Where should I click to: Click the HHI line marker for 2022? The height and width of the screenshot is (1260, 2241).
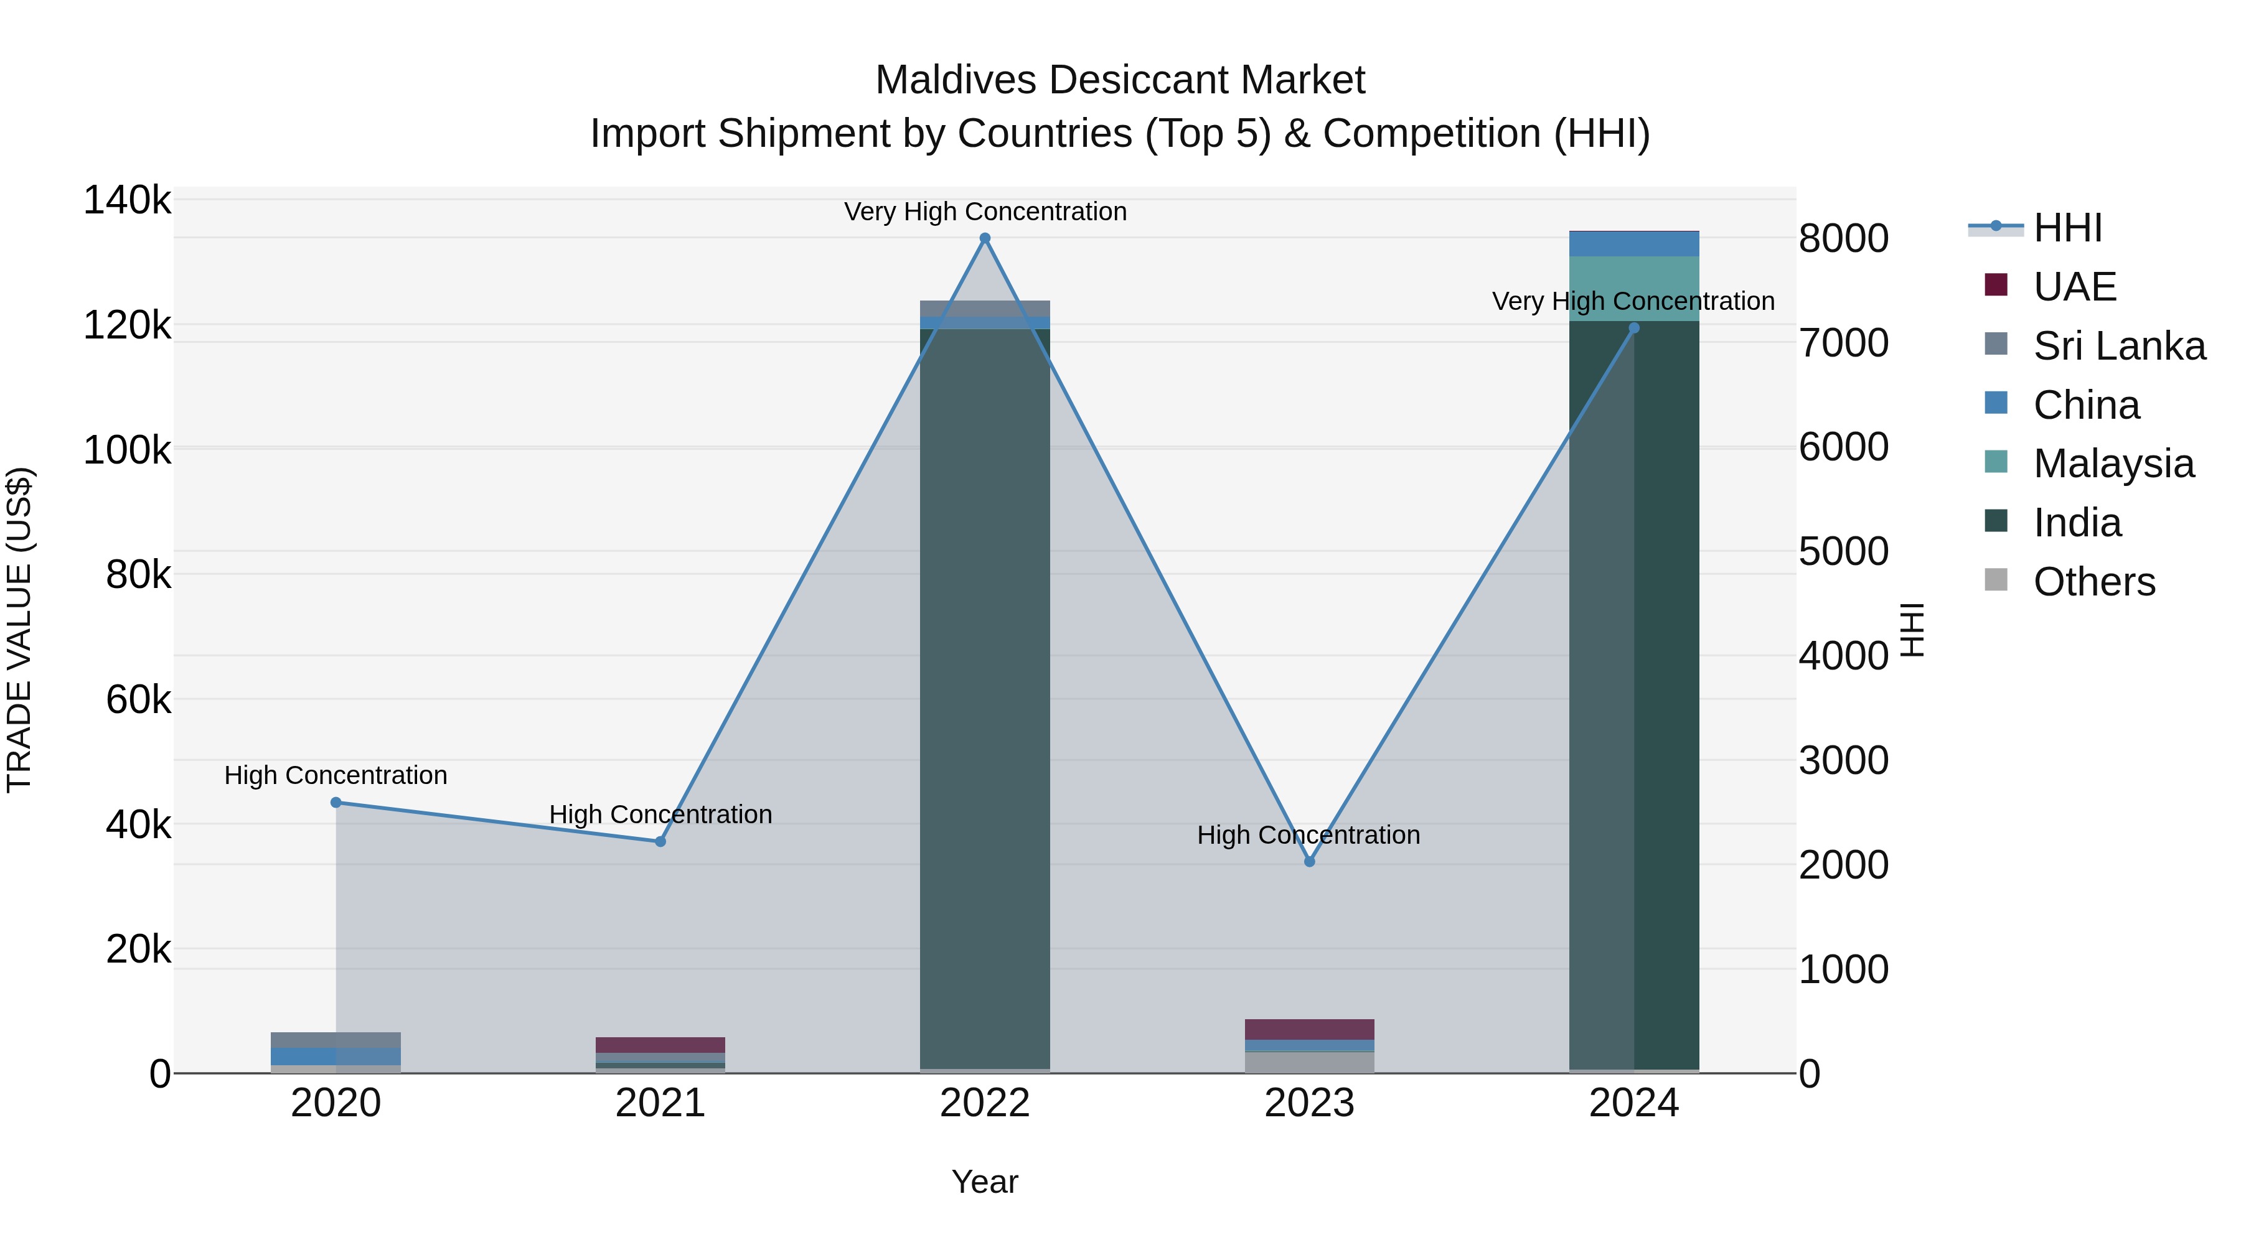coord(985,238)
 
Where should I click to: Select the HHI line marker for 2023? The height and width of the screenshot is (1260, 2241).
coord(1309,861)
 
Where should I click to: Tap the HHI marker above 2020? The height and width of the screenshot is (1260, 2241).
coord(336,803)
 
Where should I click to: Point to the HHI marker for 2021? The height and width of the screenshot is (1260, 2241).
coord(660,842)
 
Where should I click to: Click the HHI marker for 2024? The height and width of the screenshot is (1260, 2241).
coord(1634,328)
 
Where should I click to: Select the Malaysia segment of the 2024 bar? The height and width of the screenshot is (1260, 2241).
coord(1634,289)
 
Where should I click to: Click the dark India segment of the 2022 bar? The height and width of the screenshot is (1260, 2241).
coord(985,696)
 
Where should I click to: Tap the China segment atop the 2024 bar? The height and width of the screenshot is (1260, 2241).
coord(1634,243)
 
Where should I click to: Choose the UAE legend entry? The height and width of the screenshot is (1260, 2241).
coord(2074,287)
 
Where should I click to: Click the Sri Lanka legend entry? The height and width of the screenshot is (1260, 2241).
coord(2118,346)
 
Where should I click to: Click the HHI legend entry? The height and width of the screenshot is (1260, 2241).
coord(2067,228)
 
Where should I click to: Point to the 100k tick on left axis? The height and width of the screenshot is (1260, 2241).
coord(127,450)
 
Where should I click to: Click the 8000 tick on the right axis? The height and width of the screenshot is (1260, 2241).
coord(1843,239)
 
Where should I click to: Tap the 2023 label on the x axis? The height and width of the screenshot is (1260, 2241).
coord(1309,1103)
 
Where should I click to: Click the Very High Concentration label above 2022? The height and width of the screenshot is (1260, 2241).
coord(985,212)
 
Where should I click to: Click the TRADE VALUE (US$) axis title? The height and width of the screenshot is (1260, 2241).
coord(19,630)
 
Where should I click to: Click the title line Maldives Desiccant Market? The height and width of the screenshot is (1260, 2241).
coord(1120,80)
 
